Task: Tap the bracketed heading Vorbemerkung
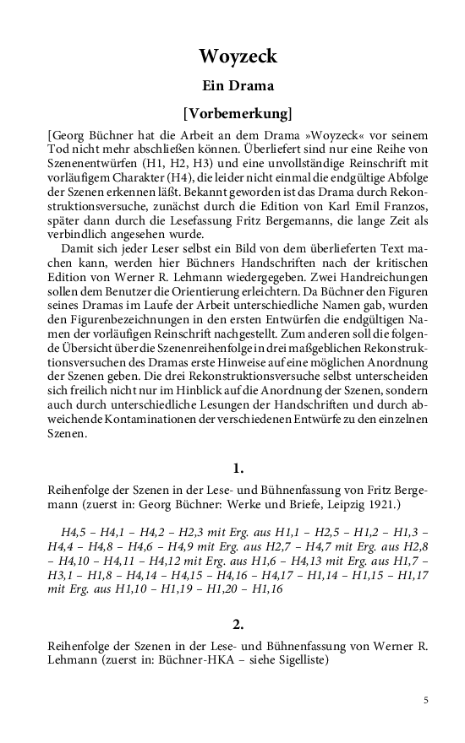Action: tap(237, 112)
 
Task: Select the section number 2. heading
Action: tap(238, 625)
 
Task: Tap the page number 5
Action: tap(426, 699)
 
